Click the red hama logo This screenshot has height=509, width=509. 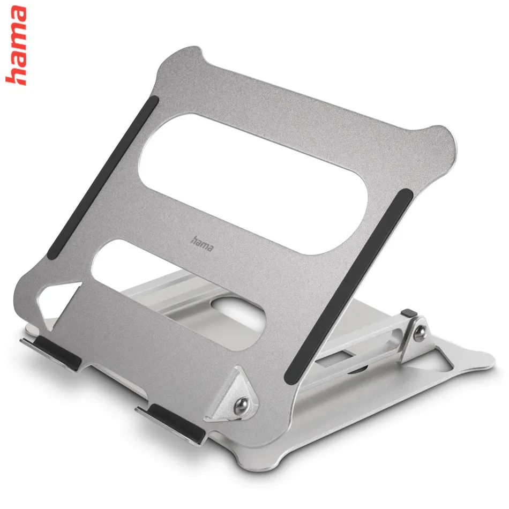click(x=16, y=46)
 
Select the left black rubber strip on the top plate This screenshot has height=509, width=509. click(x=103, y=177)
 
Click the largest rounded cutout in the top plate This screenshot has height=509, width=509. click(x=253, y=184)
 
